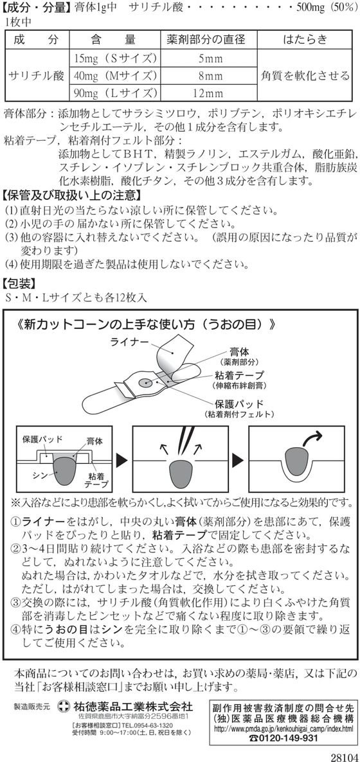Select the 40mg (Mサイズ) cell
(x=115, y=75)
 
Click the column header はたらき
(x=305, y=40)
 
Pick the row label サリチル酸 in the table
(x=37, y=76)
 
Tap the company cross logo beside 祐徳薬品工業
(x=63, y=705)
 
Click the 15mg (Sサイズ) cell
(x=115, y=59)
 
